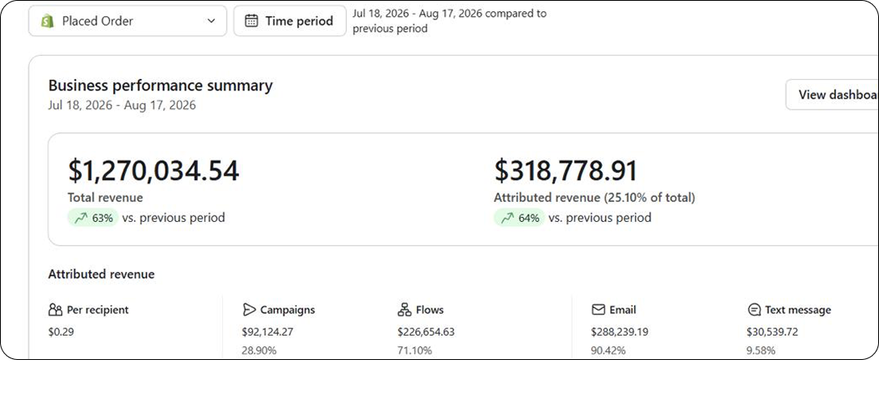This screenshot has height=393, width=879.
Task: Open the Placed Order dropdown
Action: tap(128, 21)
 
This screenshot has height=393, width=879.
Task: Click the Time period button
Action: tap(290, 21)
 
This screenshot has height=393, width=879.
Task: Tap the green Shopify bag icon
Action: tap(48, 21)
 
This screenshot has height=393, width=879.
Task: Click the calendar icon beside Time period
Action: tap(252, 21)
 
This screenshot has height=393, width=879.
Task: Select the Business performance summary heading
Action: tap(160, 86)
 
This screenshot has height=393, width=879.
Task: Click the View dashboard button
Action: tap(832, 94)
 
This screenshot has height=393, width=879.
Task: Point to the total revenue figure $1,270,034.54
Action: tap(154, 171)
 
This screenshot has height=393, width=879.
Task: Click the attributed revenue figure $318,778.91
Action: tap(566, 171)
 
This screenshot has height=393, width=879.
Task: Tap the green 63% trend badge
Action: tap(93, 218)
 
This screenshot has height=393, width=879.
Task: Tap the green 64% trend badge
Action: tap(519, 218)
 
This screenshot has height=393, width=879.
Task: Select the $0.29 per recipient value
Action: tap(61, 332)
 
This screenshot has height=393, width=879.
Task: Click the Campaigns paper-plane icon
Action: tap(249, 310)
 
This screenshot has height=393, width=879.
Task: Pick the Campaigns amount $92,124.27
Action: tap(267, 332)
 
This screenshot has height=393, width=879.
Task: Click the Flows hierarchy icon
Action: tap(405, 310)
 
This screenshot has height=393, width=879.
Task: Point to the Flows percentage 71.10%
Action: tap(414, 351)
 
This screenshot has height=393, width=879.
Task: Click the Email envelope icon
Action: tap(599, 310)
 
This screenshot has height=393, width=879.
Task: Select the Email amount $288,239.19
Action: tap(620, 332)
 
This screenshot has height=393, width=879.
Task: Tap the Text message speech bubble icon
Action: tap(754, 310)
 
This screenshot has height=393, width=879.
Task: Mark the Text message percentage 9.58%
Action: tap(761, 351)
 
